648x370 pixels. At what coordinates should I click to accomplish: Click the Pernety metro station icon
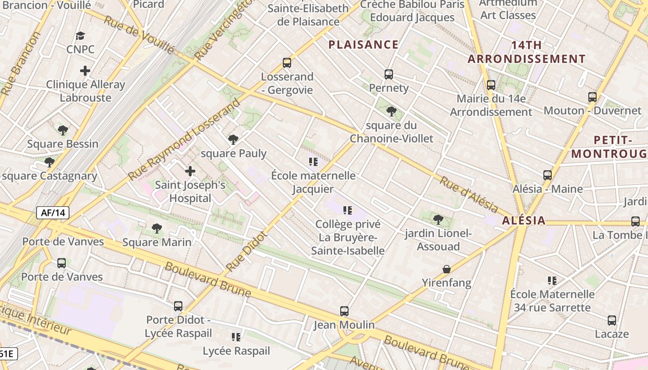pyautogui.click(x=389, y=74)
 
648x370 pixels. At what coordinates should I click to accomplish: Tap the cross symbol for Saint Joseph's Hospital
pyautogui.click(x=190, y=171)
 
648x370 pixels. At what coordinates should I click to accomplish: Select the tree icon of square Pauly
pyautogui.click(x=233, y=139)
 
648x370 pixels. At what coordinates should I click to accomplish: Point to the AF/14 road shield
pyautogui.click(x=53, y=213)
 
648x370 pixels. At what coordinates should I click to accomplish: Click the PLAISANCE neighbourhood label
pyautogui.click(x=363, y=44)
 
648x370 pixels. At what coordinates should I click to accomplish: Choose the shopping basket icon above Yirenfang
pyautogui.click(x=447, y=269)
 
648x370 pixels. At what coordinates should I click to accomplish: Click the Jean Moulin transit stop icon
pyautogui.click(x=344, y=311)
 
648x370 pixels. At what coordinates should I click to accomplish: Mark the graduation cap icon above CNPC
pyautogui.click(x=81, y=36)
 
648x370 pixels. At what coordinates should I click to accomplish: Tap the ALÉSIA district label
pyautogui.click(x=524, y=221)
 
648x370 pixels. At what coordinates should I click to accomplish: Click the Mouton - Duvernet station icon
pyautogui.click(x=592, y=97)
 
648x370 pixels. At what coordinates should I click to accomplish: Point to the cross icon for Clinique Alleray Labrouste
pyautogui.click(x=85, y=71)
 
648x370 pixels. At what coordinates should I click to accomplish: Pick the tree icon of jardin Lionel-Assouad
pyautogui.click(x=438, y=220)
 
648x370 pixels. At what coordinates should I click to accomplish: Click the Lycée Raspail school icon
pyautogui.click(x=236, y=337)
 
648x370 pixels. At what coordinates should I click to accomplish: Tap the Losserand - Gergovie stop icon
pyautogui.click(x=287, y=63)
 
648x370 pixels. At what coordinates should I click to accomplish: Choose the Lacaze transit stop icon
pyautogui.click(x=612, y=320)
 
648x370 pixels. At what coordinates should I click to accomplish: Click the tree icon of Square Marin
pyautogui.click(x=157, y=228)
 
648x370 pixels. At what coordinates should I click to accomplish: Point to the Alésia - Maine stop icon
pyautogui.click(x=548, y=175)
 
